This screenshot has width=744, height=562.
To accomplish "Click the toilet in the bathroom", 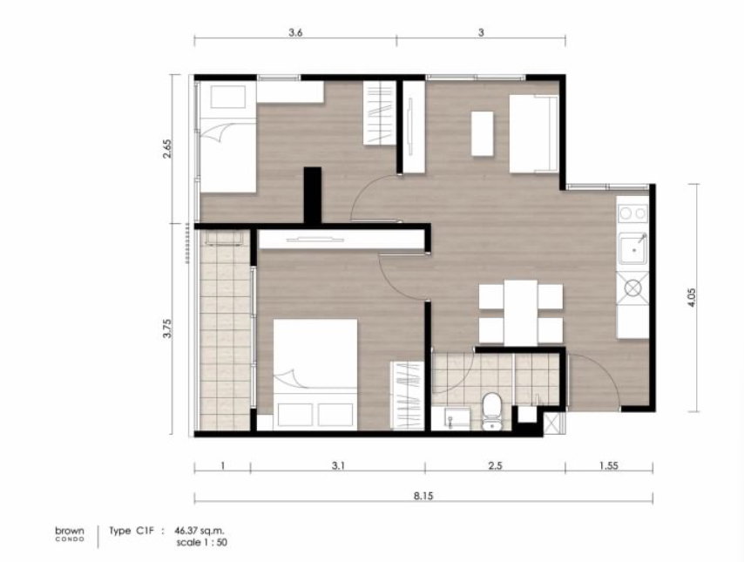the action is tap(491, 411).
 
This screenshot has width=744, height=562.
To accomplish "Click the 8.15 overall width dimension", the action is tap(423, 496).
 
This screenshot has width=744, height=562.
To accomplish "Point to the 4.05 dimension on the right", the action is tap(692, 298).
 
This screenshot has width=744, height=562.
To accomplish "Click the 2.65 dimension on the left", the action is tap(167, 149).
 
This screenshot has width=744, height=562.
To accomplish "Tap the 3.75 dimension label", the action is tap(167, 328).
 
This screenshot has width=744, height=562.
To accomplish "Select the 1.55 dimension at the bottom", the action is tap(608, 465).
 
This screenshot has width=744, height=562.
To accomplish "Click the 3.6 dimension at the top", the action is tap(295, 32).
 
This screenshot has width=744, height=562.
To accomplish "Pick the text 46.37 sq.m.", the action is tap(200, 531).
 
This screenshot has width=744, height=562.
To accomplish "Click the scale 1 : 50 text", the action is tap(201, 542).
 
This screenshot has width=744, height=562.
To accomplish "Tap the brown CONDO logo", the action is tap(70, 534).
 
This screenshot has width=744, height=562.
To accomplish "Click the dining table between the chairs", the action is tap(520, 313).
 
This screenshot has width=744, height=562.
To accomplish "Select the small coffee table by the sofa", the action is tap(482, 133).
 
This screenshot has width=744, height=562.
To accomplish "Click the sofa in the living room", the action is tap(534, 134).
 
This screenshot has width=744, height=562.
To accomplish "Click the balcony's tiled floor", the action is tap(225, 330).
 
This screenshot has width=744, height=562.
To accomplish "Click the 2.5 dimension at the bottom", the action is tap(495, 465).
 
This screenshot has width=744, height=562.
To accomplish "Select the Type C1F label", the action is tap(132, 531).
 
